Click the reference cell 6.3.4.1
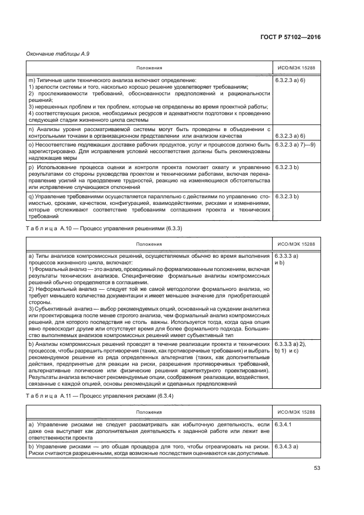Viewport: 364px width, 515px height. click(x=284, y=425)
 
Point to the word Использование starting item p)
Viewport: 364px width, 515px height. click(x=58, y=166)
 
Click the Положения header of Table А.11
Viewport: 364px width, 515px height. click(x=149, y=411)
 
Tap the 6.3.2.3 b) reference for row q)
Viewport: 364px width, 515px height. click(x=287, y=196)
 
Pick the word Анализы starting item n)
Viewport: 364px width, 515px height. click(x=47, y=129)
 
